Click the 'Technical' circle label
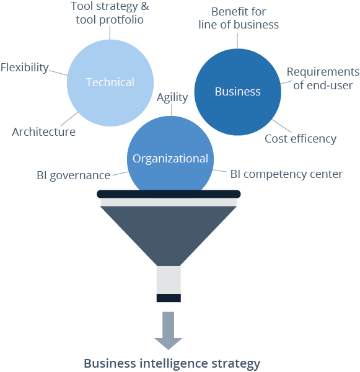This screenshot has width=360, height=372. coord(110,82)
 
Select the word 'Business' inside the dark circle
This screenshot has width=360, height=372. coord(237,92)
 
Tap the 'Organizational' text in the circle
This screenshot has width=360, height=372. coord(170,159)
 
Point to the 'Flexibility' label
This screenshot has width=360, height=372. coord(24,68)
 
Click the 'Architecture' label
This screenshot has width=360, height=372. coord(43,132)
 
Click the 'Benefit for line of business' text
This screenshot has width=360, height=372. coord(239,19)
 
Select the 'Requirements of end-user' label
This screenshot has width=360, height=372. coord(323,79)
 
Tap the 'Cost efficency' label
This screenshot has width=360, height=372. coord(301,139)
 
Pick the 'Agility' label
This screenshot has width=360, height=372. coord(172,98)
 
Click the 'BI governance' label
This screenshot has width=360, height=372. coord(73,175)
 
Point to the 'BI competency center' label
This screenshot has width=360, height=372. coord(286,174)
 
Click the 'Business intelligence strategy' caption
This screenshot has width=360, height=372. coord(172,363)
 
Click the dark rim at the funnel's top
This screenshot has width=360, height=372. coord(169,194)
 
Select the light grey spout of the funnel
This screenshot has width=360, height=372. coord(169,280)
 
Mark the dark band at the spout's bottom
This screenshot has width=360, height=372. coord(169,298)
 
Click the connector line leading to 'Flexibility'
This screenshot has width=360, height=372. coord(58,72)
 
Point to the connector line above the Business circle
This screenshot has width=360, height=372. coord(237,40)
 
